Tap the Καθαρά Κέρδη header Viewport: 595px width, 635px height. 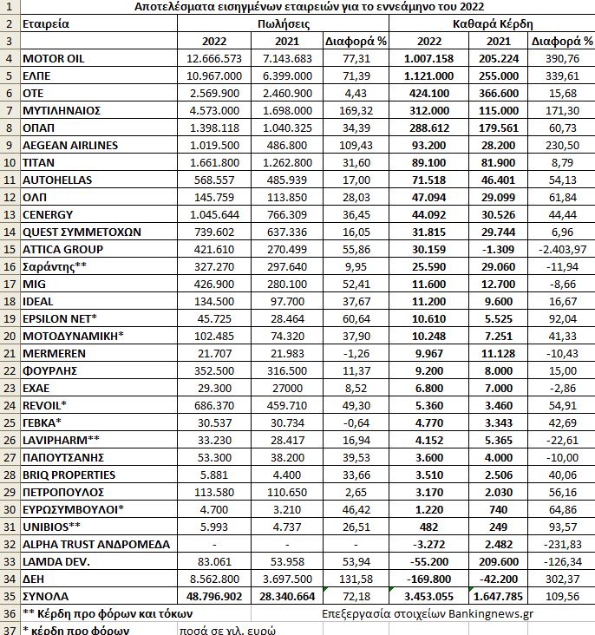(x=493, y=23)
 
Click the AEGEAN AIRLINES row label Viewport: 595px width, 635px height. (x=70, y=145)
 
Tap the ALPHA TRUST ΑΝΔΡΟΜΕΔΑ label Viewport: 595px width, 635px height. (x=92, y=545)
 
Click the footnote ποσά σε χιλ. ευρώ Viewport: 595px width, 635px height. (x=228, y=630)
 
